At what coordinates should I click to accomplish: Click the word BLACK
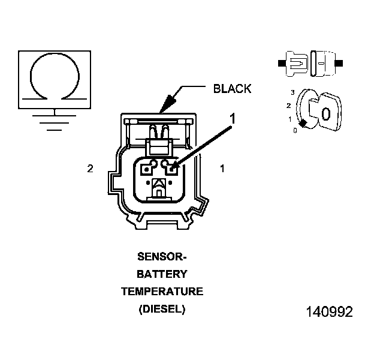[232, 89]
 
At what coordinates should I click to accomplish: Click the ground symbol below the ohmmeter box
[55, 121]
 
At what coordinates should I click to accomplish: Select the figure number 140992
[330, 312]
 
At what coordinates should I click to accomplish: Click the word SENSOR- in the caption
[162, 257]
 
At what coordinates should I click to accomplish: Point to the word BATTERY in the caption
[162, 274]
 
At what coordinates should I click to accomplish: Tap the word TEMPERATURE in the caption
[162, 292]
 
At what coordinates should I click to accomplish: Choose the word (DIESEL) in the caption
[162, 309]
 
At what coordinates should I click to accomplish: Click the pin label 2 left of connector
[90, 169]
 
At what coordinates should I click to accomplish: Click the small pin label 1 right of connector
[222, 169]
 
